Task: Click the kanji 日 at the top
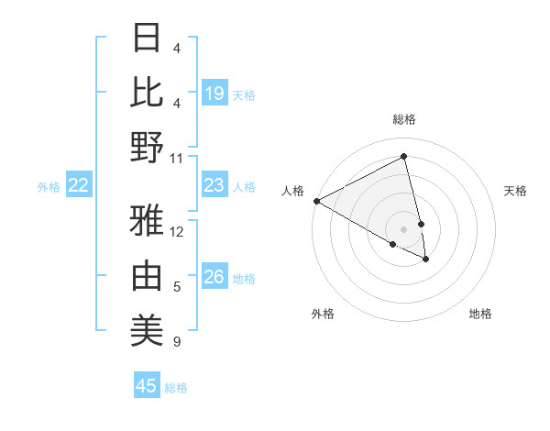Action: (147, 39)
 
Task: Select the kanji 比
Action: (147, 92)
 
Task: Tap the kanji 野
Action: (147, 147)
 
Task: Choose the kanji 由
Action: (147, 276)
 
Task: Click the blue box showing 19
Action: (214, 93)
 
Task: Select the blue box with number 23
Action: (214, 185)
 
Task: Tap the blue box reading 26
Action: (214, 277)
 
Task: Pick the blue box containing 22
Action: (79, 185)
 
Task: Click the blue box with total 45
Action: (147, 386)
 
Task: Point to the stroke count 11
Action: (177, 158)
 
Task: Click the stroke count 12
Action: (177, 232)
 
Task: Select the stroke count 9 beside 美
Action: (177, 342)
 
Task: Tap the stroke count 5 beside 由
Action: (177, 287)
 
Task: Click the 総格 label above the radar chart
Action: (404, 119)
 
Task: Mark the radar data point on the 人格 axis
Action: (316, 201)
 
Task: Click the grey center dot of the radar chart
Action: (404, 227)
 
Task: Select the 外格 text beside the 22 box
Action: (49, 187)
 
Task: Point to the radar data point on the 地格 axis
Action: (426, 260)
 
